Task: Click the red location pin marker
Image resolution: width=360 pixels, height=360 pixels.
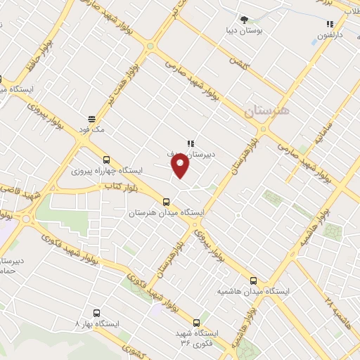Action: pyautogui.click(x=181, y=166)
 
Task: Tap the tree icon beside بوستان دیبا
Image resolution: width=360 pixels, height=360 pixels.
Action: pyautogui.click(x=244, y=20)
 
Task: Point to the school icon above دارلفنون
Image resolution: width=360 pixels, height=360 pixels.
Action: pyautogui.click(x=330, y=24)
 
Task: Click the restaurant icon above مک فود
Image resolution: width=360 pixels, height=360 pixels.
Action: pyautogui.click(x=91, y=119)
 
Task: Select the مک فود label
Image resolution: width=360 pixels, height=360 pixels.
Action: pyautogui.click(x=91, y=129)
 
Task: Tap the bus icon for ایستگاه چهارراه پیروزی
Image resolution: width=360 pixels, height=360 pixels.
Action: pyautogui.click(x=106, y=160)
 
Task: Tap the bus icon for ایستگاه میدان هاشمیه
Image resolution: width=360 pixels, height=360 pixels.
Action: pyautogui.click(x=253, y=281)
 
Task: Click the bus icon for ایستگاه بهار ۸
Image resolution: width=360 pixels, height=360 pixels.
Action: pyautogui.click(x=96, y=313)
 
